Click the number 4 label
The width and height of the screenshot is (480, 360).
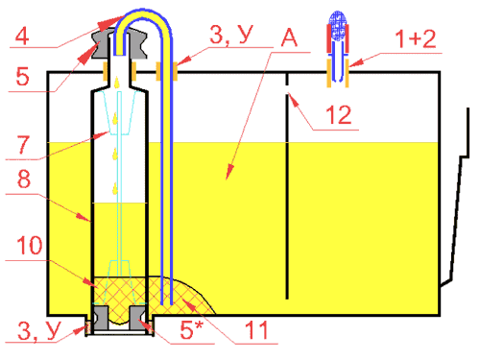pos(22,36)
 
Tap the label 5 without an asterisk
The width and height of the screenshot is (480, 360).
pos(22,77)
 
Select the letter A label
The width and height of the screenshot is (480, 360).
pos(289,37)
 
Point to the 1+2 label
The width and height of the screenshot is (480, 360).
pos(416,39)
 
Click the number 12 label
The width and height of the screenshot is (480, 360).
pos(339,115)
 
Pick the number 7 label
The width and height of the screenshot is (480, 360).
pos(23,145)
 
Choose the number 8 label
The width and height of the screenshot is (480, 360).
pos(24,179)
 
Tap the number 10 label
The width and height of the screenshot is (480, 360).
pos(30,246)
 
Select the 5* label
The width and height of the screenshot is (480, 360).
pos(192,329)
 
